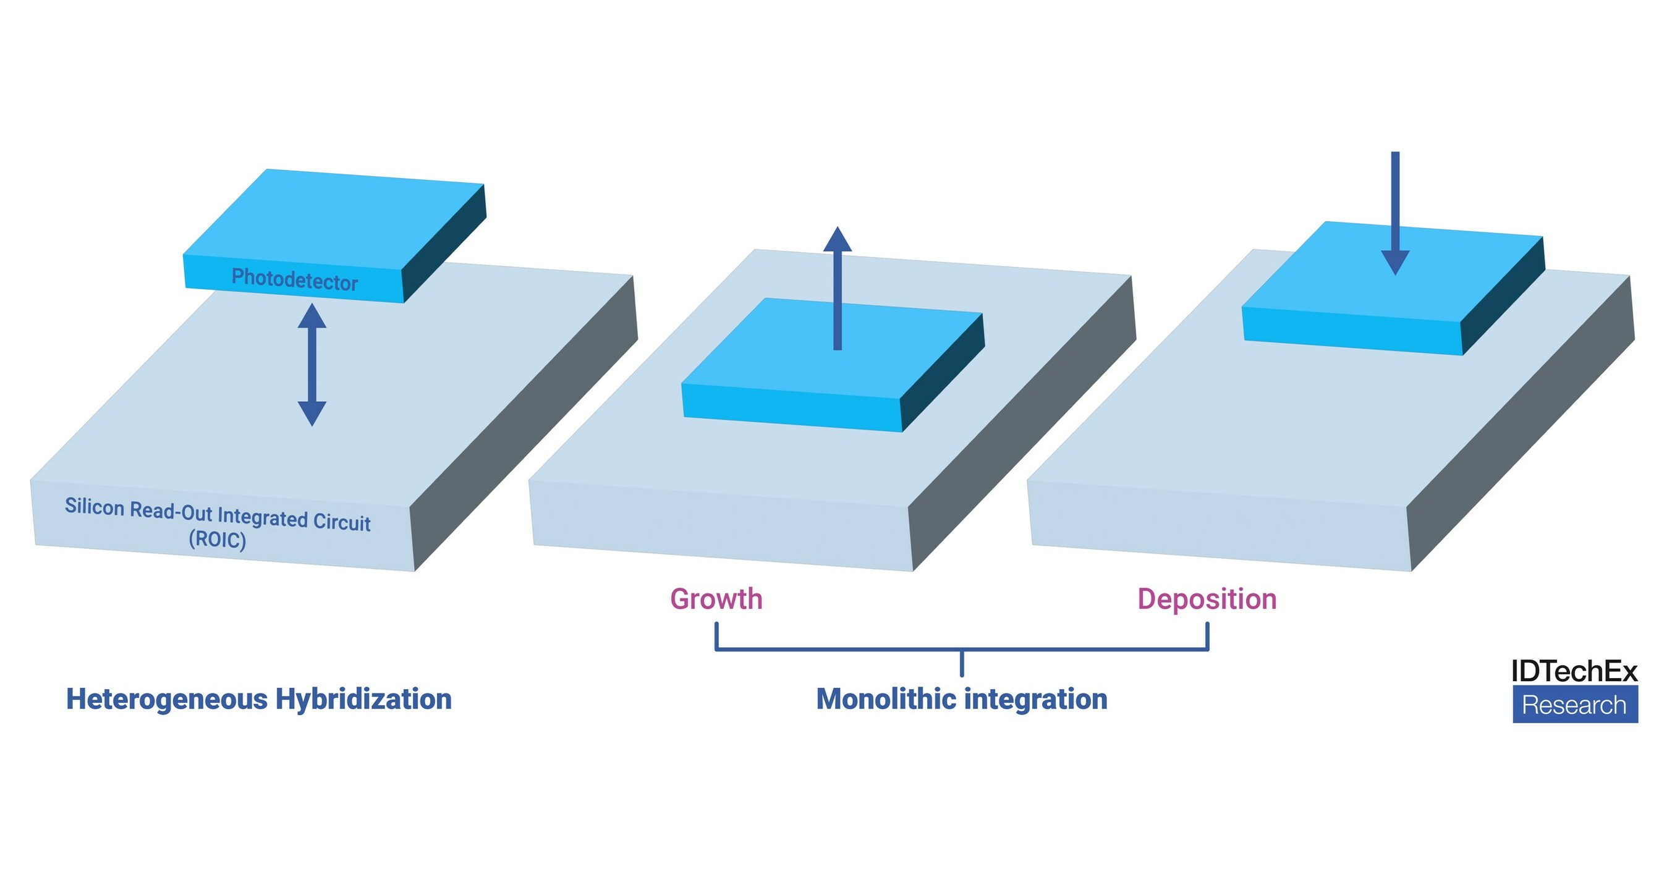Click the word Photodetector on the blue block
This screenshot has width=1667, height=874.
(294, 279)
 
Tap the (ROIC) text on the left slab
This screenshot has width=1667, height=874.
(218, 539)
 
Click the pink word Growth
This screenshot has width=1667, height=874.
(716, 599)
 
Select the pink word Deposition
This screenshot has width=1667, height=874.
(1207, 599)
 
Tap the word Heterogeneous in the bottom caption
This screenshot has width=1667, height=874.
(166, 699)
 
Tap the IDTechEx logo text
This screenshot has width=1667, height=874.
(1574, 671)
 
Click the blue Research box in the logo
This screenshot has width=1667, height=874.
(1574, 705)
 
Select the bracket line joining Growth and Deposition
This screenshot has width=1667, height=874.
(962, 649)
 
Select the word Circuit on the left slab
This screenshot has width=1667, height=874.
(342, 522)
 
